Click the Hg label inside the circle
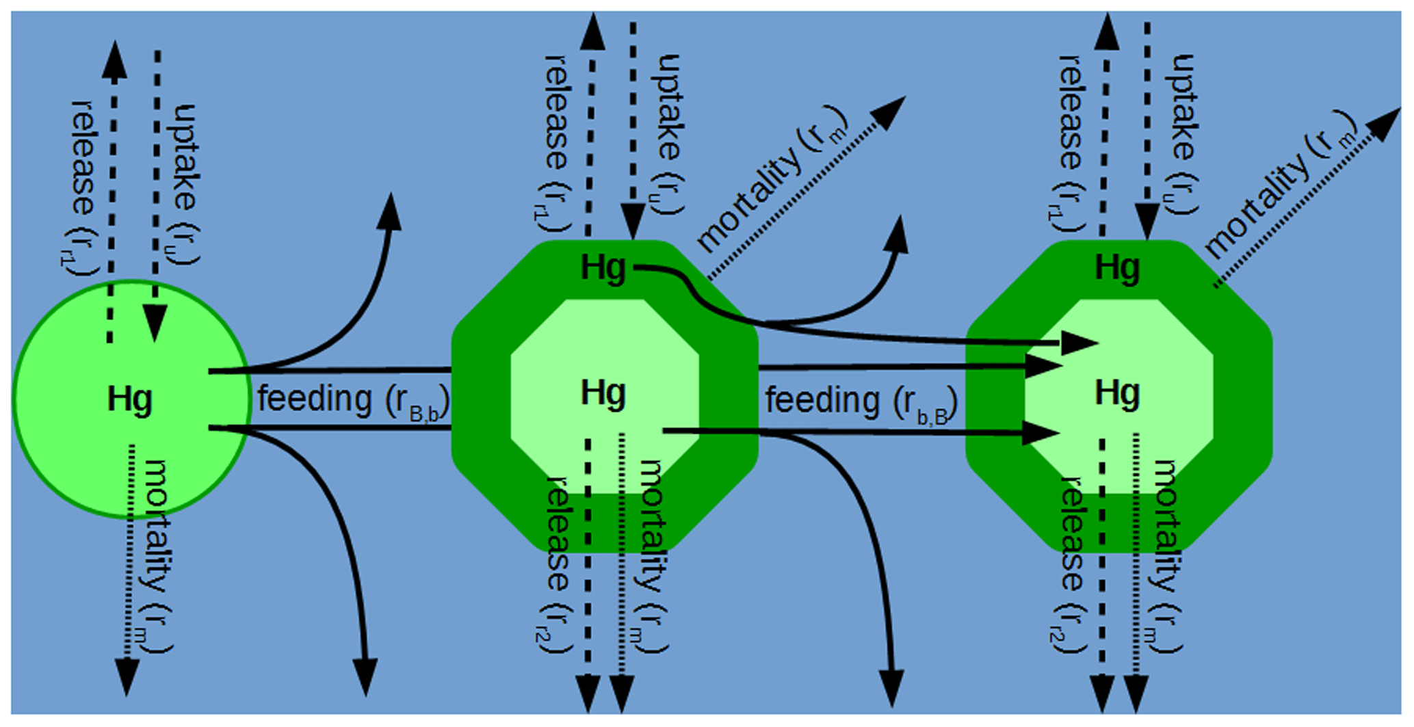point(129,399)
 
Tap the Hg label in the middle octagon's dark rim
point(603,267)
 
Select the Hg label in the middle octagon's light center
point(603,393)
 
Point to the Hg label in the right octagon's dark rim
point(1117,267)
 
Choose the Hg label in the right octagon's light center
point(1117,393)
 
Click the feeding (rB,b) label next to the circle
point(353,400)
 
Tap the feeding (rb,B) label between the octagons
point(861,401)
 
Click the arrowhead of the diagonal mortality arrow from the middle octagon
point(891,111)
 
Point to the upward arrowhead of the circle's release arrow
point(114,57)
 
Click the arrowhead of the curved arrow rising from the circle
point(391,209)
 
